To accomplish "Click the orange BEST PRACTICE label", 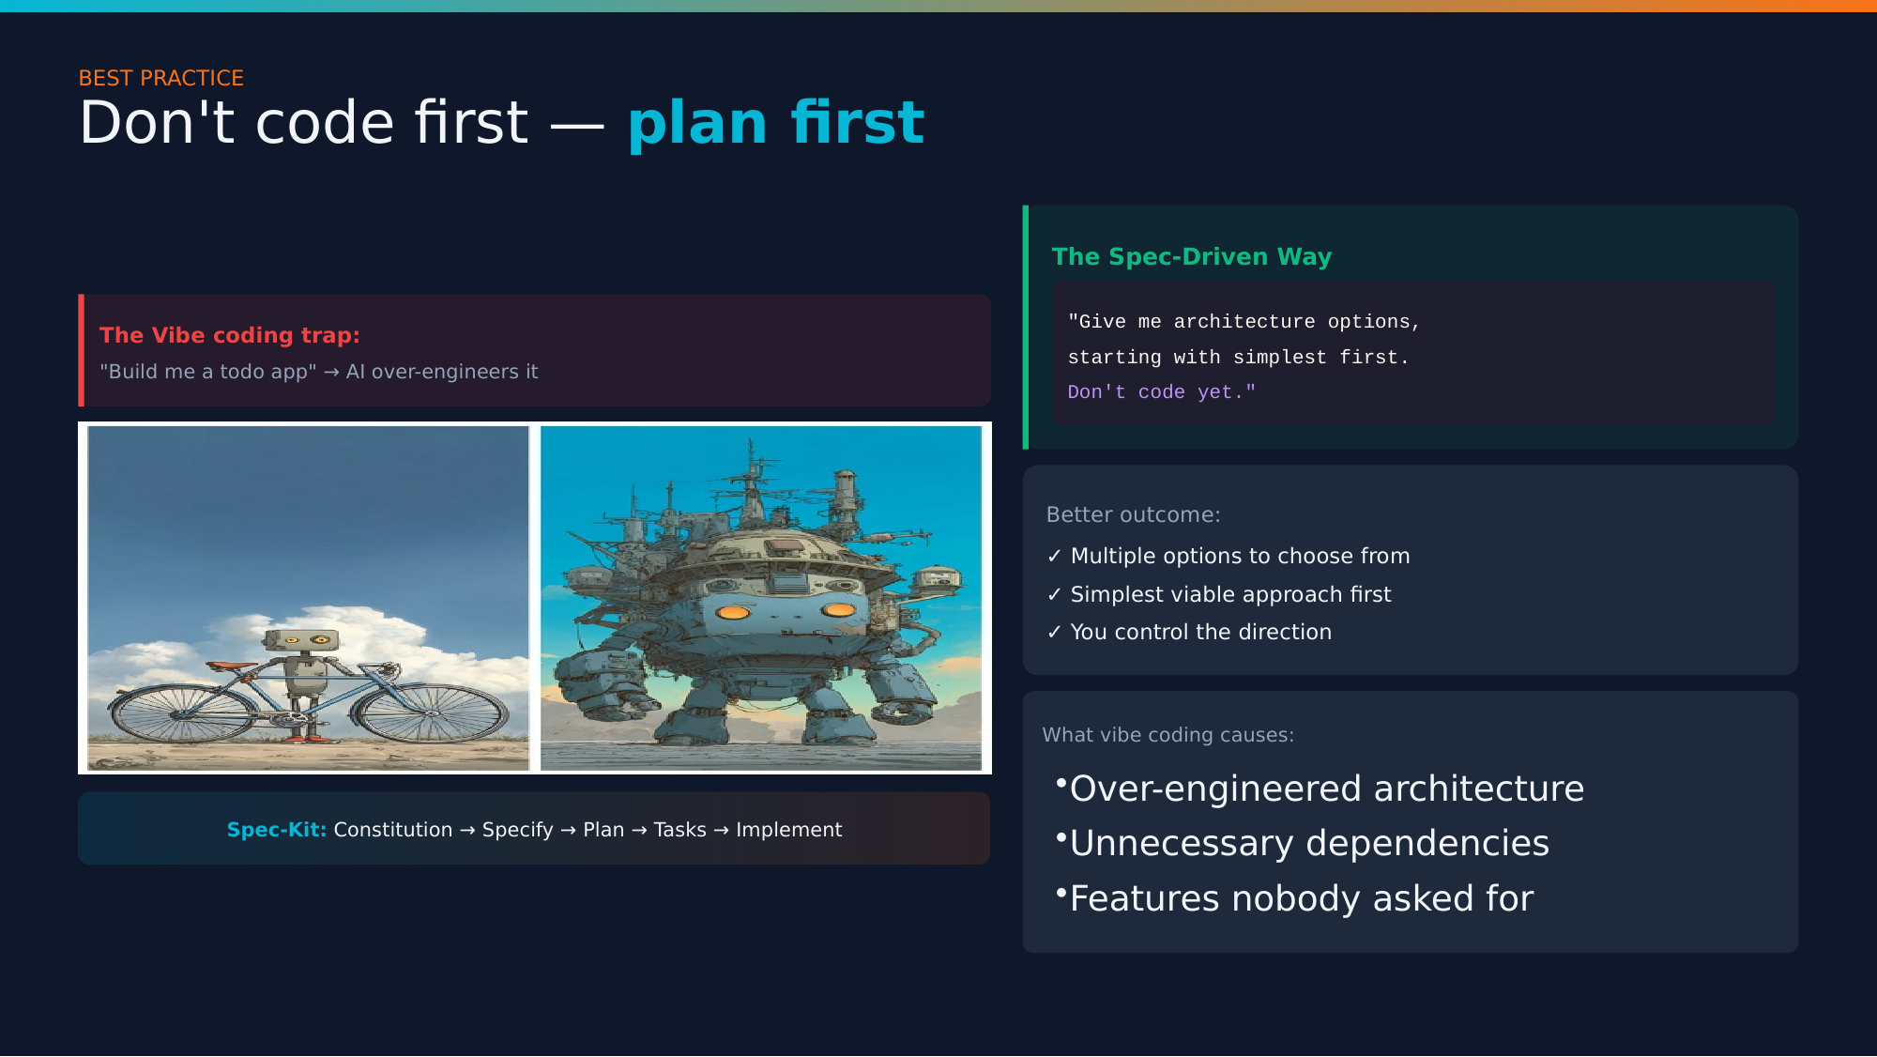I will [160, 78].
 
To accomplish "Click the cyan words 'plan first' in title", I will [775, 123].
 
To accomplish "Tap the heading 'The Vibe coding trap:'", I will [229, 335].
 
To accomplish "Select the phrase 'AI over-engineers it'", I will [441, 372].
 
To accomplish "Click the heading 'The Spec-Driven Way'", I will [1191, 256].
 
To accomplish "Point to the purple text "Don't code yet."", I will [1160, 392].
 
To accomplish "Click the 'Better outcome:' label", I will [1133, 514].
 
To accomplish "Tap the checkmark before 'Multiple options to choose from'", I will [1054, 557].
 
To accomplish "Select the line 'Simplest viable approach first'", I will [1229, 594].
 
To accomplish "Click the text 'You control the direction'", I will [1200, 632].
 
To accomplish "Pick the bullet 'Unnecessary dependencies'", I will [1308, 843].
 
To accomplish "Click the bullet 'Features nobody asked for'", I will [1301, 898].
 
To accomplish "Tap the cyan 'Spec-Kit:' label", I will [276, 830].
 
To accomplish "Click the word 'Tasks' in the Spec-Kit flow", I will [679, 830].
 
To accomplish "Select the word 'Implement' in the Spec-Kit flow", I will [788, 830].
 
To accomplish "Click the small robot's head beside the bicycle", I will [301, 641].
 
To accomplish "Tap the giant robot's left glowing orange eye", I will [733, 613].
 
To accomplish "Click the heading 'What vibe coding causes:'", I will [1167, 735].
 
